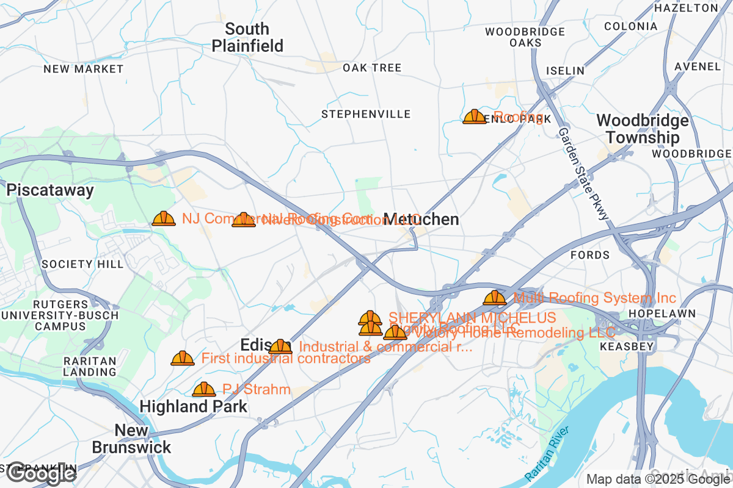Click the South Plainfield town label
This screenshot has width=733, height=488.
pos(247,37)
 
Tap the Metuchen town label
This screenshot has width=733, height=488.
pos(421,220)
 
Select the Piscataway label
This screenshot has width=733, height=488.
pos(51,190)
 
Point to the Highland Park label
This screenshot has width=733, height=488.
pos(193,406)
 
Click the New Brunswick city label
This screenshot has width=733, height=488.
pos(131,439)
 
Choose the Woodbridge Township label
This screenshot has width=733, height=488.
pos(642,129)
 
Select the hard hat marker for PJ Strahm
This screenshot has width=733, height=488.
pos(203,389)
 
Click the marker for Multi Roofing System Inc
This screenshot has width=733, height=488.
pos(494,298)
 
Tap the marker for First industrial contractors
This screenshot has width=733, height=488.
pos(182,358)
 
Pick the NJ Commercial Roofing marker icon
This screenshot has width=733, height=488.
pos(163,218)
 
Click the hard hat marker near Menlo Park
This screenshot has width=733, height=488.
pos(474,117)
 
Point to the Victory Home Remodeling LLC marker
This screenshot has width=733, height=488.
pos(395,332)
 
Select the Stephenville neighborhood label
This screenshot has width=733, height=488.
pos(366,114)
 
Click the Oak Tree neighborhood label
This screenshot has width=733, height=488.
pos(371,68)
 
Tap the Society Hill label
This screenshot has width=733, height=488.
pos(82,264)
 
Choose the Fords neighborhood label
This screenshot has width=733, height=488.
pos(589,254)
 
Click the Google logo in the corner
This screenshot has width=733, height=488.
pos(42,473)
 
